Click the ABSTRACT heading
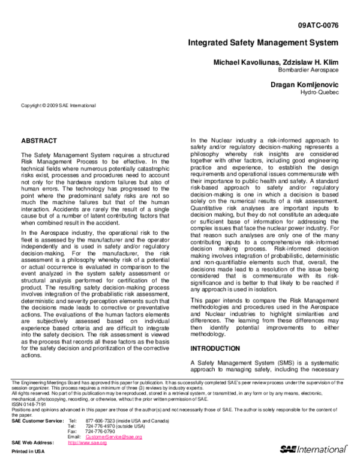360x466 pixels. click(x=39, y=141)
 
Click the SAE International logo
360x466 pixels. click(x=313, y=449)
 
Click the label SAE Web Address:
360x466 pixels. click(x=31, y=443)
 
